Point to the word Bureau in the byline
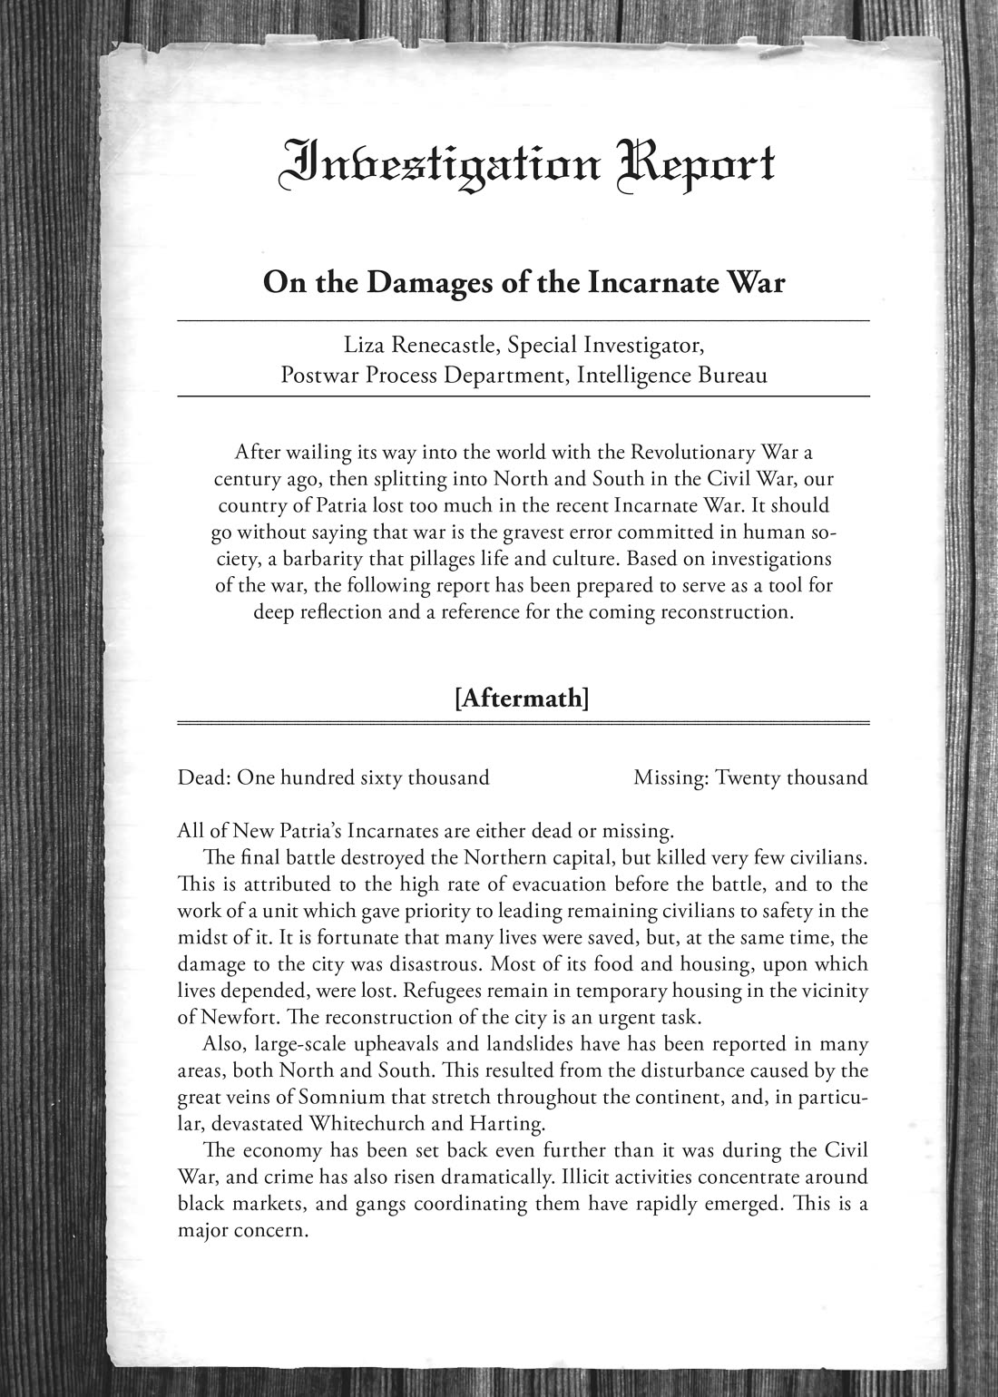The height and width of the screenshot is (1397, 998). [x=731, y=375]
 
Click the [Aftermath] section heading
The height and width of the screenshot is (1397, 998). [x=523, y=698]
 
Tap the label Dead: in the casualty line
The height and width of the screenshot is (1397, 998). [x=204, y=777]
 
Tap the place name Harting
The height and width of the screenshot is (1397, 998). [x=506, y=1124]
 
